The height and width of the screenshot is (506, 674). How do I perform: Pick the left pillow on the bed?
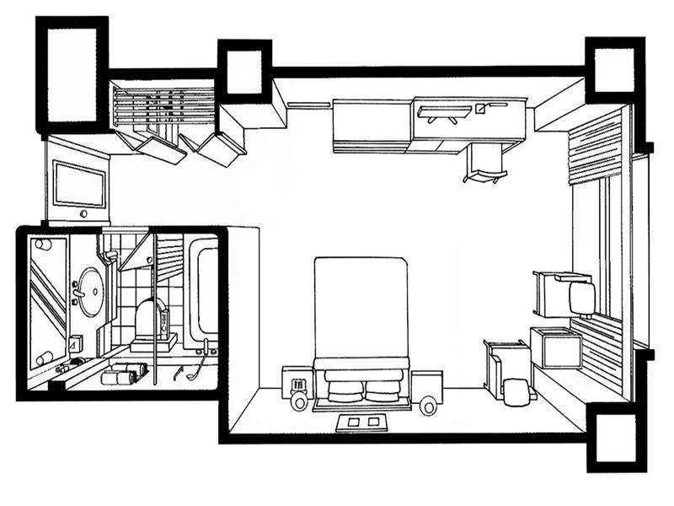point(343,388)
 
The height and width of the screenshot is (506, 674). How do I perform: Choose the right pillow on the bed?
point(384,388)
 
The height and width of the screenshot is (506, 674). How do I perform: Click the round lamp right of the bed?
point(429,406)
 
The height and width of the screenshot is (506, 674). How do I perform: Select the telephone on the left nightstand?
point(297,385)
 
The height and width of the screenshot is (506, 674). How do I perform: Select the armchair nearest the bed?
point(509,371)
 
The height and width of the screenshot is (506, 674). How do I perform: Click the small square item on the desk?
point(481,108)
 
